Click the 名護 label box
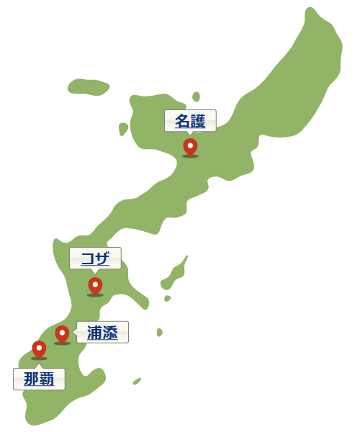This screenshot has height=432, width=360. (190, 121)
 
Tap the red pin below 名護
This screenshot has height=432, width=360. (190, 146)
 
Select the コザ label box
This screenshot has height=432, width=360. (95, 258)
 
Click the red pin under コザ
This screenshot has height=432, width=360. (95, 285)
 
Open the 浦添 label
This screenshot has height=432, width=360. (102, 332)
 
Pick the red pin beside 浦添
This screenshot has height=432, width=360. (62, 333)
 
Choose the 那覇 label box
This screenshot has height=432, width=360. (39, 379)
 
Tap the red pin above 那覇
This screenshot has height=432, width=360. (39, 348)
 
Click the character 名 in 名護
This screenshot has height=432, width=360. (183, 121)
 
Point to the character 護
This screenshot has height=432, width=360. (198, 121)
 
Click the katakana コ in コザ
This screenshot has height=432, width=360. (88, 258)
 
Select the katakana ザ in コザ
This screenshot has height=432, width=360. (103, 258)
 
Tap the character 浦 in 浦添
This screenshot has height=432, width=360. (94, 332)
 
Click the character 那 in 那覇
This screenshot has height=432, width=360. (31, 379)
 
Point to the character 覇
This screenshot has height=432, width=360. (47, 379)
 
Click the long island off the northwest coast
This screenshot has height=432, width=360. (89, 86)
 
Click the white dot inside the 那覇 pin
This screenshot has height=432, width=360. (39, 346)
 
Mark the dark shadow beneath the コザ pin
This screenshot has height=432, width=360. (95, 294)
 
